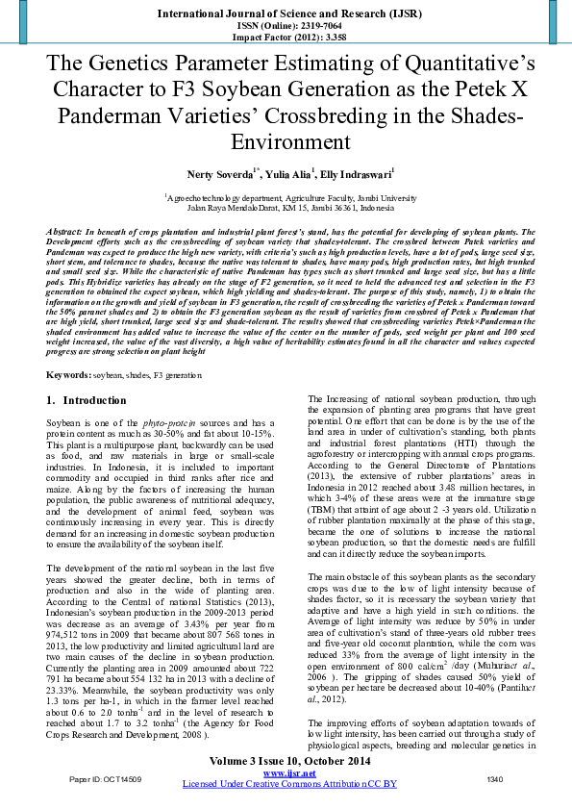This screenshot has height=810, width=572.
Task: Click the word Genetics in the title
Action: (x=145, y=66)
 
